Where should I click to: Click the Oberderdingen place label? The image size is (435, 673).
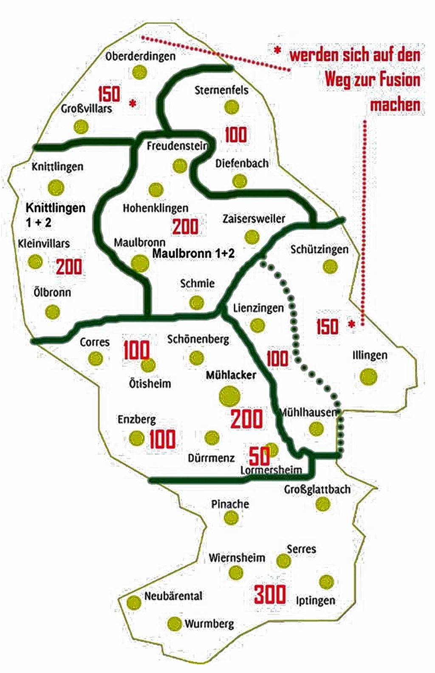click(x=140, y=56)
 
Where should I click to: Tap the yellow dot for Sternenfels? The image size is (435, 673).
click(x=232, y=107)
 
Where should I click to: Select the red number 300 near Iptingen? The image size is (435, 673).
click(x=270, y=594)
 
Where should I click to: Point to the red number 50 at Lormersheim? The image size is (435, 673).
click(x=259, y=456)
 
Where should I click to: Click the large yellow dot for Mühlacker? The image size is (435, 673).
click(x=229, y=396)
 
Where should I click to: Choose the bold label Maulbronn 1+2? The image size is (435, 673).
click(x=193, y=253)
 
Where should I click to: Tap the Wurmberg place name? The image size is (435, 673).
click(x=209, y=624)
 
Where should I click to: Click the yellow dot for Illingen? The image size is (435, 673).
click(x=368, y=377)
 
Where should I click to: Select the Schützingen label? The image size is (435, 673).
click(x=319, y=249)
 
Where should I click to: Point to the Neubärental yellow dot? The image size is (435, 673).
click(x=134, y=602)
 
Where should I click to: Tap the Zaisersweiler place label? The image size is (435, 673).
click(x=254, y=219)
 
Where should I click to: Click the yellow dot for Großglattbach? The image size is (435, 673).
click(x=323, y=504)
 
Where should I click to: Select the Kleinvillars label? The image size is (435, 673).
click(x=44, y=244)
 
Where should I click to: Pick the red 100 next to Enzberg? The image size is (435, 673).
click(x=162, y=439)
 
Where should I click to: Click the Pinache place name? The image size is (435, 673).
click(x=230, y=504)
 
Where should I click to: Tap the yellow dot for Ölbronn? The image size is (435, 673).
click(x=53, y=312)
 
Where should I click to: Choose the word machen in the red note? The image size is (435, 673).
click(x=395, y=104)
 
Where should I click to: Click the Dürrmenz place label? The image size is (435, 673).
click(x=211, y=458)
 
